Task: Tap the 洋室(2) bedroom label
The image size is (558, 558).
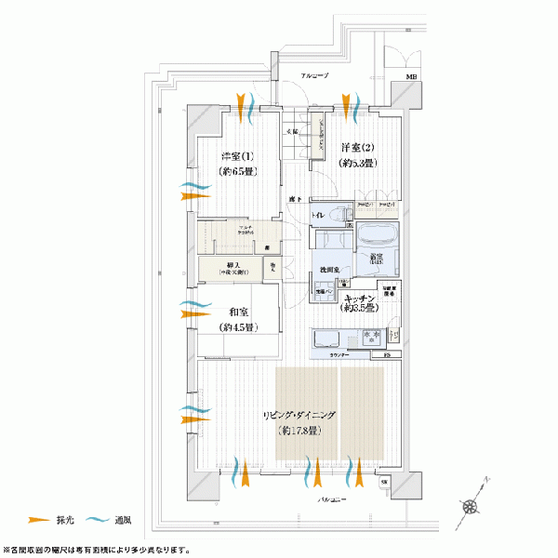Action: [357, 149]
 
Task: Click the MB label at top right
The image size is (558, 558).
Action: [410, 78]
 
